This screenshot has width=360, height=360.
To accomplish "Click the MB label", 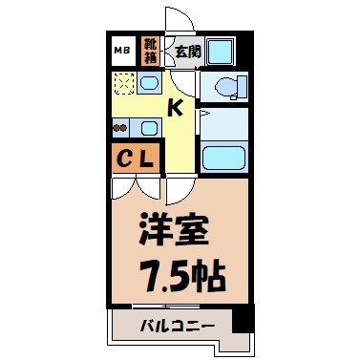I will [121, 50].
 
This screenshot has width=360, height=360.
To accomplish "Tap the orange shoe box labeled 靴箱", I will [151, 50].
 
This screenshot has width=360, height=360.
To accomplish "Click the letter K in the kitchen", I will [176, 107].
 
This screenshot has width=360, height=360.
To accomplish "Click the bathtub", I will [224, 154].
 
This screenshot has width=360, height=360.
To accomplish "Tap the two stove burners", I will [121, 126].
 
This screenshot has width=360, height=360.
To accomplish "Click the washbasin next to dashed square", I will [148, 84].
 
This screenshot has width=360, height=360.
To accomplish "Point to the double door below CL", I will [138, 187].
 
